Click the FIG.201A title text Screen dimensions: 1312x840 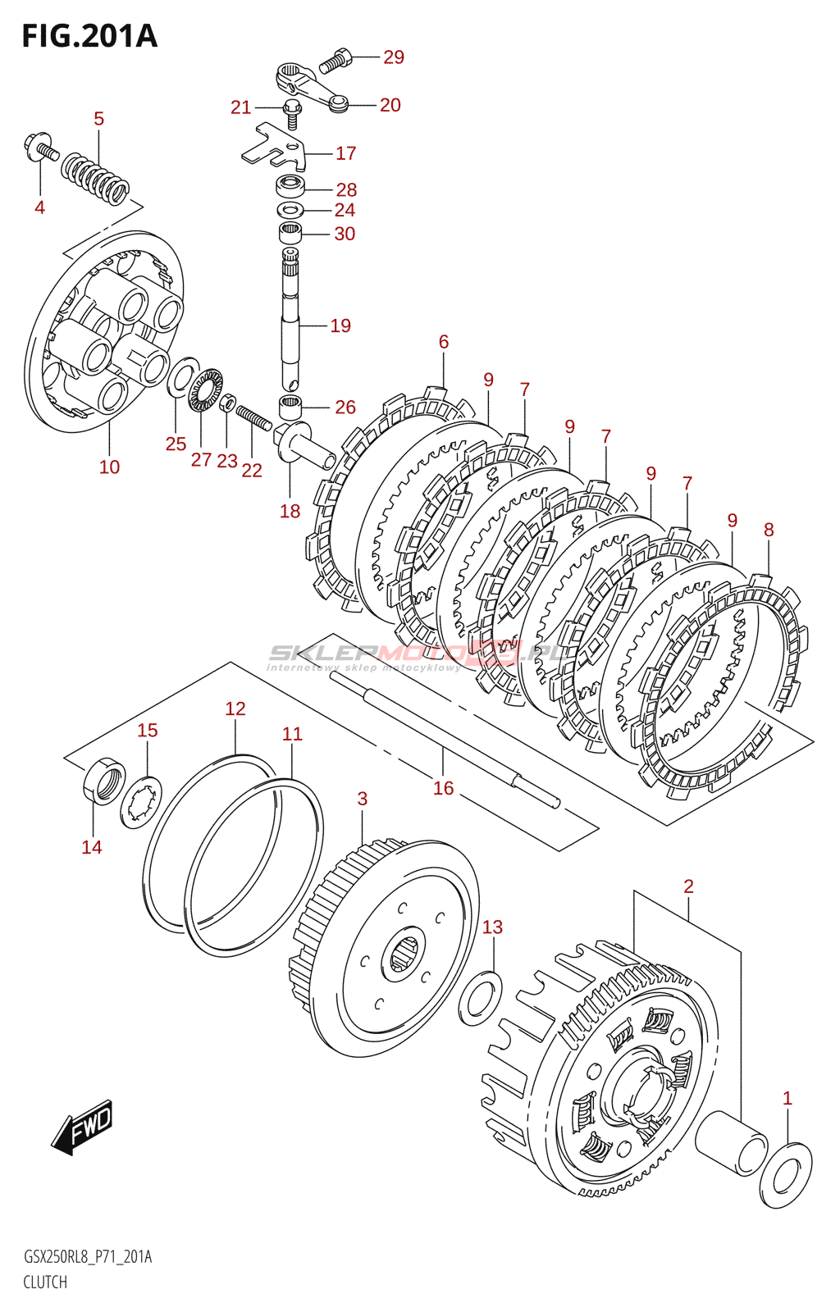pyautogui.click(x=89, y=36)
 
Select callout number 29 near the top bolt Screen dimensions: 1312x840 pyautogui.click(x=394, y=57)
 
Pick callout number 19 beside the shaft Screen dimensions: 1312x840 pyautogui.click(x=340, y=326)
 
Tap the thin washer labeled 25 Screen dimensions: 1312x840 pyautogui.click(x=183, y=376)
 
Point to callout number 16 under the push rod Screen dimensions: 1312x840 pyautogui.click(x=443, y=788)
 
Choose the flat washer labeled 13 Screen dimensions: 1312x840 pyautogui.click(x=481, y=998)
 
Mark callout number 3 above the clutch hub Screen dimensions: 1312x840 pyautogui.click(x=363, y=799)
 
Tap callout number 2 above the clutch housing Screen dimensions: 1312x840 pyautogui.click(x=688, y=886)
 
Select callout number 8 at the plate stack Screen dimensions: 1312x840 pyautogui.click(x=769, y=530)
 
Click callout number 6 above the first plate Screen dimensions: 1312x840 pyautogui.click(x=444, y=341)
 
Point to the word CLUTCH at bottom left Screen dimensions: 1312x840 pyautogui.click(x=45, y=1282)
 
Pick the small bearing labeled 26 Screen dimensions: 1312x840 pyautogui.click(x=290, y=405)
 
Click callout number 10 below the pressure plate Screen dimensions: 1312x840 pyautogui.click(x=109, y=467)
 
